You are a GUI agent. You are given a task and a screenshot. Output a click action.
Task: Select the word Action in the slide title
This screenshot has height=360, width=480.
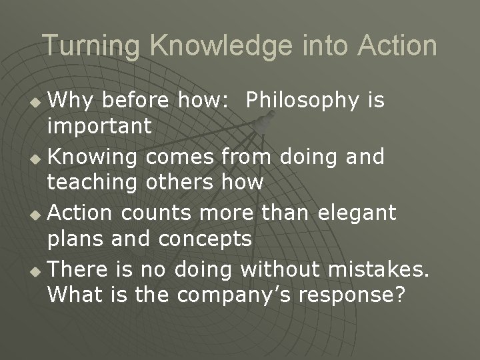[x=397, y=47]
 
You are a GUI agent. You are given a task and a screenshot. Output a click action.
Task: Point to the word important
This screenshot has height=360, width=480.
[x=100, y=126]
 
